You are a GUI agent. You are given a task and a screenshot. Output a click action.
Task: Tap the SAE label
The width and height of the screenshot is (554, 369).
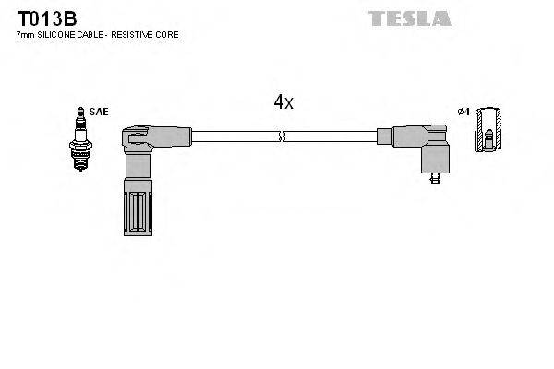(100, 112)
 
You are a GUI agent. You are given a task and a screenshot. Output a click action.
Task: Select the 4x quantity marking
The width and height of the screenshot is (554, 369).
(283, 102)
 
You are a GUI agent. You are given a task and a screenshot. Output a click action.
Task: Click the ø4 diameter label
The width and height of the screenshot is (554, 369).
(464, 112)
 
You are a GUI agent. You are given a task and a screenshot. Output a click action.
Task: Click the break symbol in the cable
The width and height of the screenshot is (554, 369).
(283, 137)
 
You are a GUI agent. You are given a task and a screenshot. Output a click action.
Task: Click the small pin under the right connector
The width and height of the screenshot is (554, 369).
(434, 180)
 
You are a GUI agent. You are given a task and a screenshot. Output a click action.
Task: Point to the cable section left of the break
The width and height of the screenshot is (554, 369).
(231, 137)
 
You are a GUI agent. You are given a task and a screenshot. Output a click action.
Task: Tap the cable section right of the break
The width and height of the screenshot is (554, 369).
(332, 137)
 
